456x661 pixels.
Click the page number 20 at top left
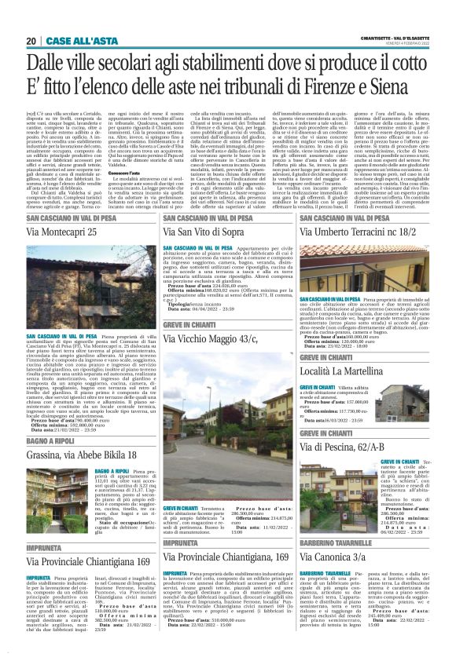31,41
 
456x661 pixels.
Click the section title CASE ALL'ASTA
70,41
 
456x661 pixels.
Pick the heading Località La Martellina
345,368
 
